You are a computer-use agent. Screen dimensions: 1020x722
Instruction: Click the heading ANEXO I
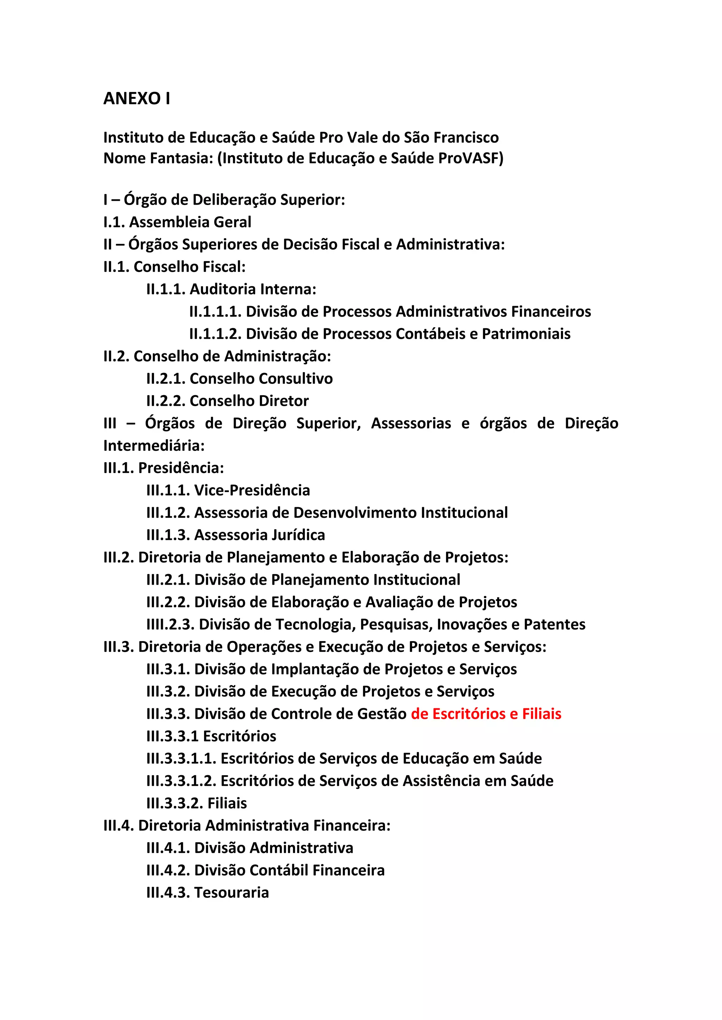(x=136, y=98)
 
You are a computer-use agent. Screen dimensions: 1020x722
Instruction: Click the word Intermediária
(x=154, y=446)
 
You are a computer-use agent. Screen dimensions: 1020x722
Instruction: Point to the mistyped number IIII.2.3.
(x=170, y=624)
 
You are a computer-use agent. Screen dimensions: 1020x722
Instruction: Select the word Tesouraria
(x=232, y=892)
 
